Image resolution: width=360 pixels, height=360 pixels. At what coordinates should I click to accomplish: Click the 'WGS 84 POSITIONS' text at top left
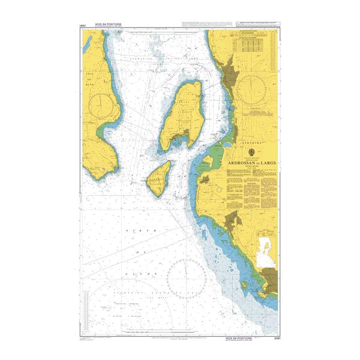[104, 25]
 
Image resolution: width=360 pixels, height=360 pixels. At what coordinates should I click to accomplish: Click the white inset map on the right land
[265, 252]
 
